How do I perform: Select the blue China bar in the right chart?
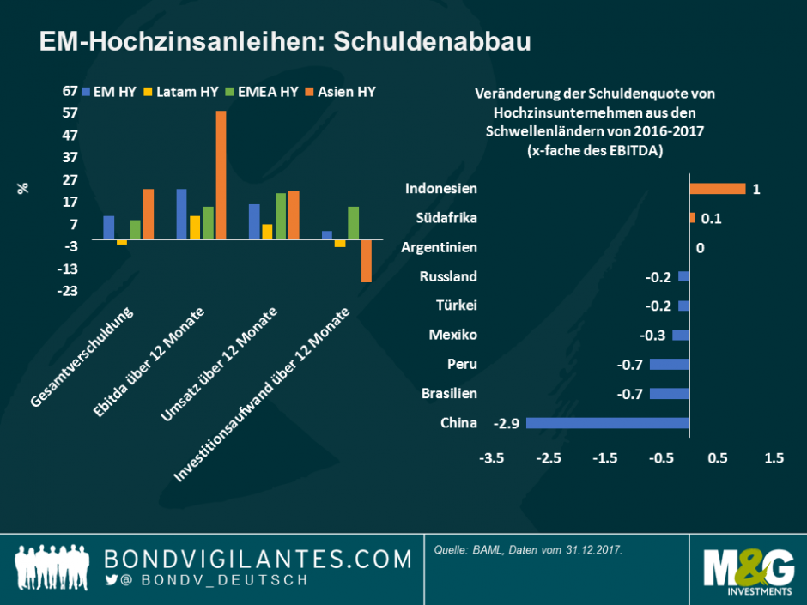[x=608, y=423]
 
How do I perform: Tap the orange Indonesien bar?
[x=717, y=189]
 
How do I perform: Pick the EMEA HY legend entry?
[x=262, y=91]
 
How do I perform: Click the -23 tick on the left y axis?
[x=68, y=291]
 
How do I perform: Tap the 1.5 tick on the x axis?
[x=774, y=458]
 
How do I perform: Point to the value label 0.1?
[x=711, y=219]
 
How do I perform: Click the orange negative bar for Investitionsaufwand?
[x=366, y=261]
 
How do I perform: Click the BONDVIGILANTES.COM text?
[x=258, y=560]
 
